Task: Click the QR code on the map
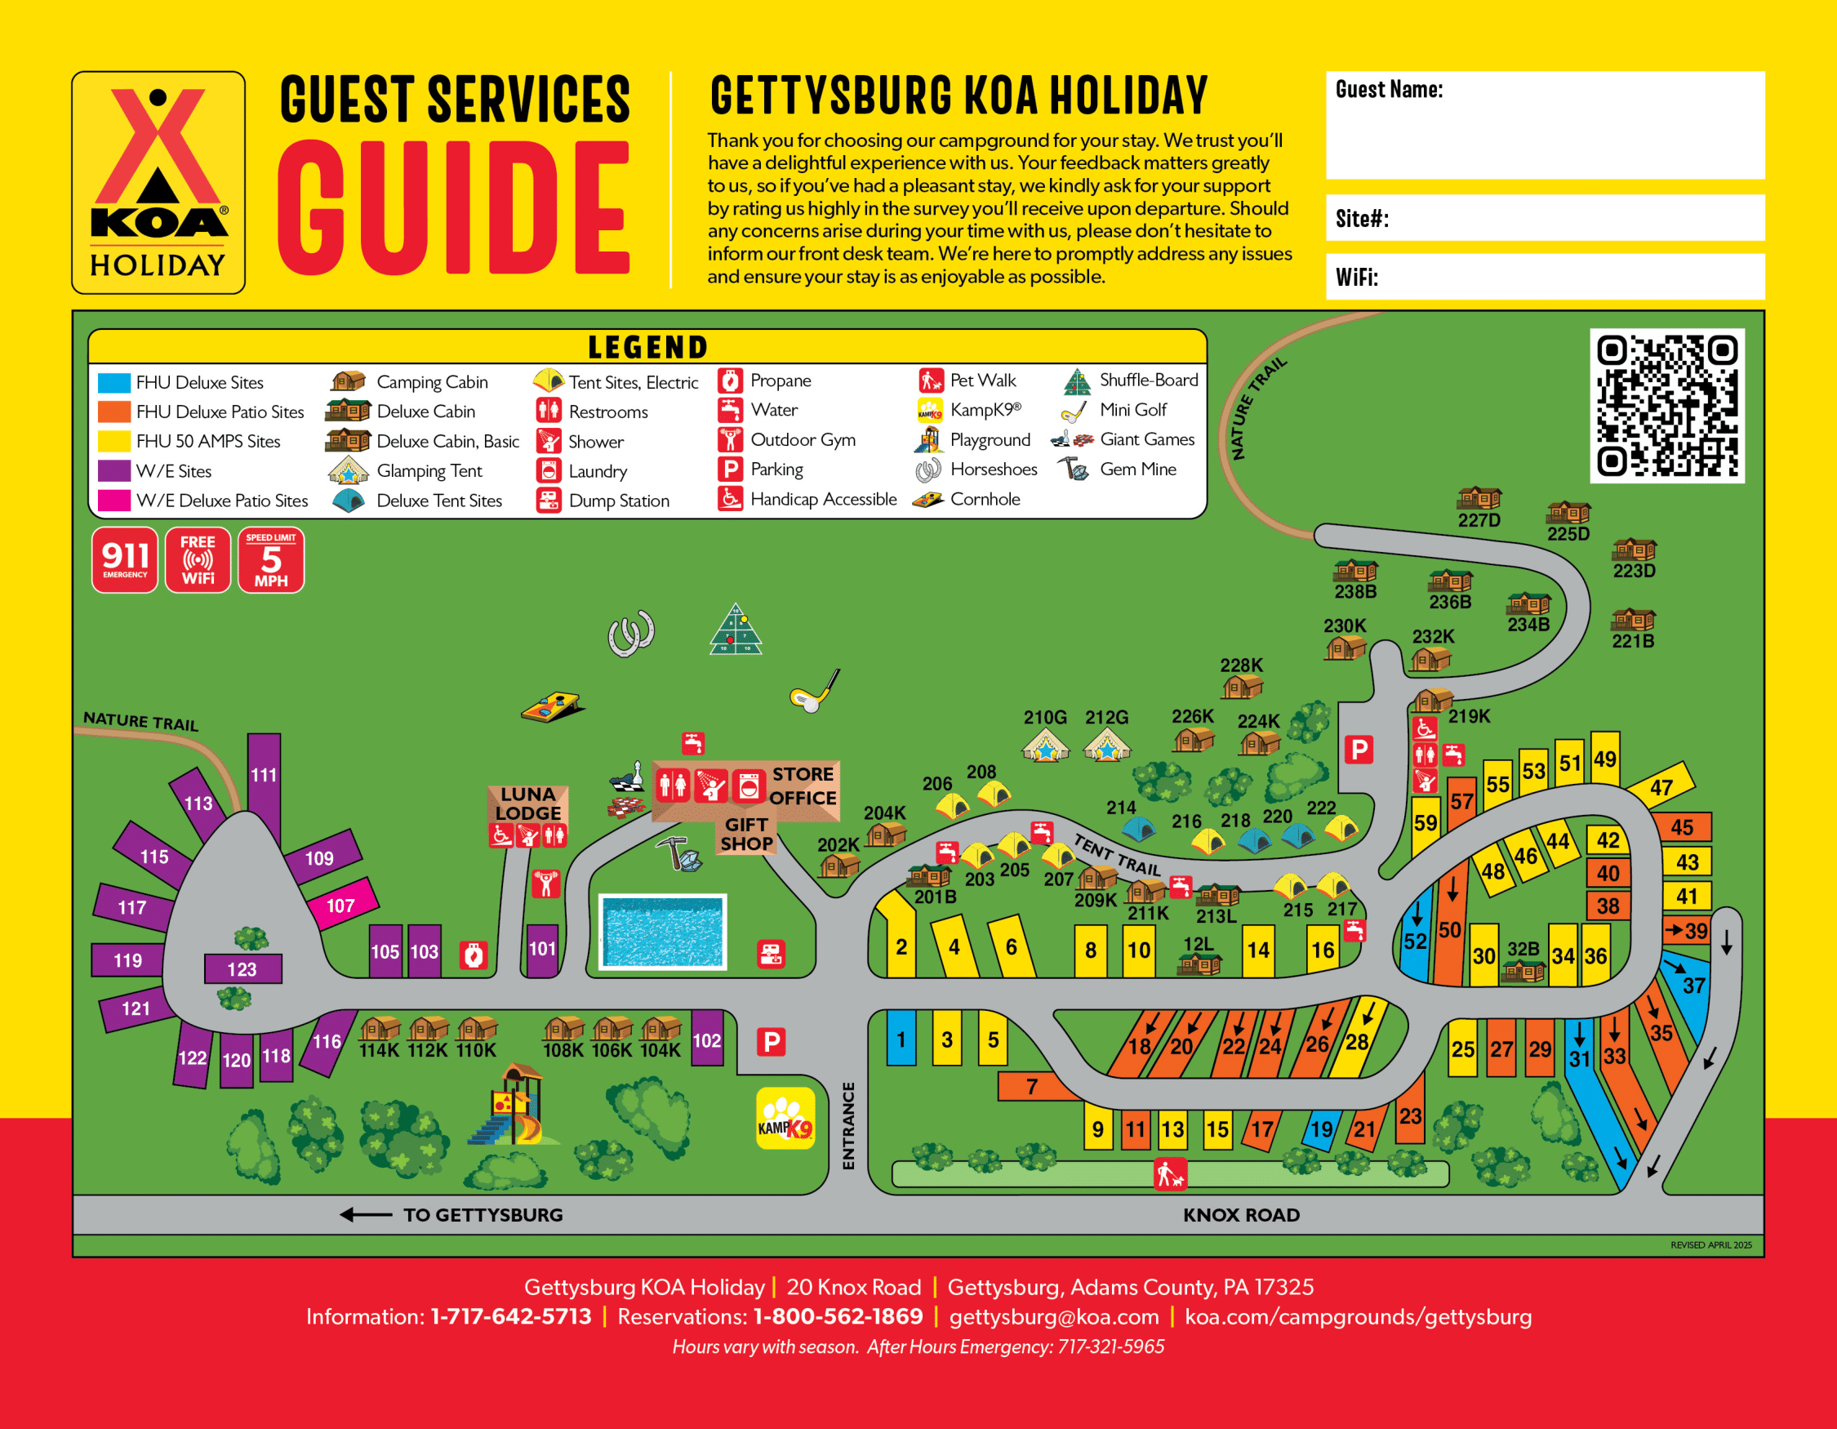pyautogui.click(x=1666, y=405)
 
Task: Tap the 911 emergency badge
pyautogui.click(x=124, y=559)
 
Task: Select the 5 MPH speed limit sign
pyautogui.click(x=271, y=559)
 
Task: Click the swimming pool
pyautogui.click(x=662, y=931)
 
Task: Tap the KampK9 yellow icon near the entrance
pyautogui.click(x=785, y=1118)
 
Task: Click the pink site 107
pyautogui.click(x=340, y=905)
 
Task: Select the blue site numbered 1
pyautogui.click(x=901, y=1039)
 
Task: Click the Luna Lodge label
pyautogui.click(x=527, y=804)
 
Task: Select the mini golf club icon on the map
pyautogui.click(x=814, y=692)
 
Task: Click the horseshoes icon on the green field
pyautogui.click(x=631, y=633)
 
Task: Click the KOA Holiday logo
pyautogui.click(x=158, y=183)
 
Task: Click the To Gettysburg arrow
pyautogui.click(x=366, y=1214)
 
